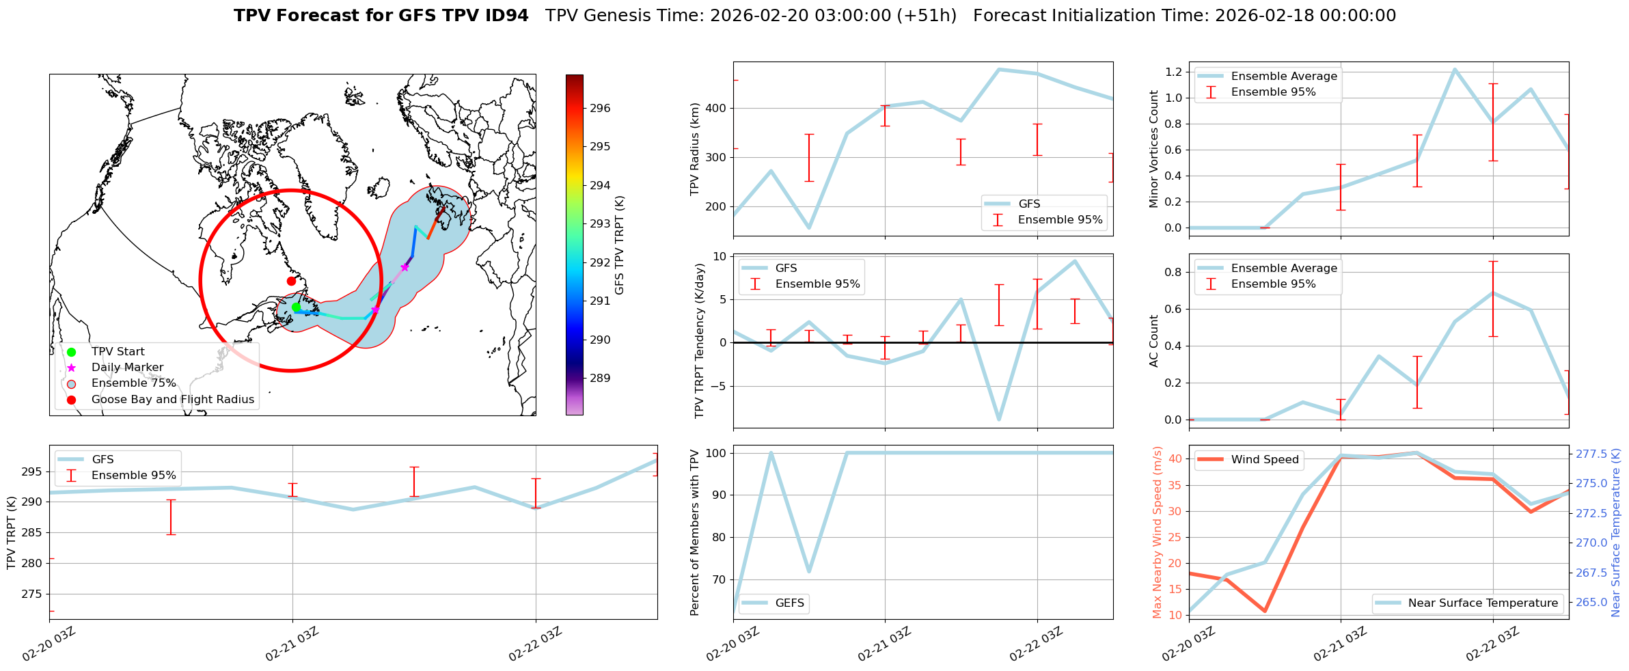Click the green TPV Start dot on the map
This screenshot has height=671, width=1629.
[296, 307]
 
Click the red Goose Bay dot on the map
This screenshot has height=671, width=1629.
[291, 281]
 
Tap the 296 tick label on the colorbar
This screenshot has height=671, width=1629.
[601, 108]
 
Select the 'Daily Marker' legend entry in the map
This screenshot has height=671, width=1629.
[127, 368]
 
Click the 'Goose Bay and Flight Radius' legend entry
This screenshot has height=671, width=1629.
[172, 400]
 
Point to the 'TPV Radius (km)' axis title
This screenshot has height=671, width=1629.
[695, 149]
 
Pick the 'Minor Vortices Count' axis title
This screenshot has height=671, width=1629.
[1153, 149]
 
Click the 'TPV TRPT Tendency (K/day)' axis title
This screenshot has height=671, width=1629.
[699, 342]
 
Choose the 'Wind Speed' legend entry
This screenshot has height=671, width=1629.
[1264, 460]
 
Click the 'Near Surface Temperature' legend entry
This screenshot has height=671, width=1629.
[1483, 603]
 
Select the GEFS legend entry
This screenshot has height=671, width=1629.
[789, 603]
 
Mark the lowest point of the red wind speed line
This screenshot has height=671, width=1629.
[1265, 611]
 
